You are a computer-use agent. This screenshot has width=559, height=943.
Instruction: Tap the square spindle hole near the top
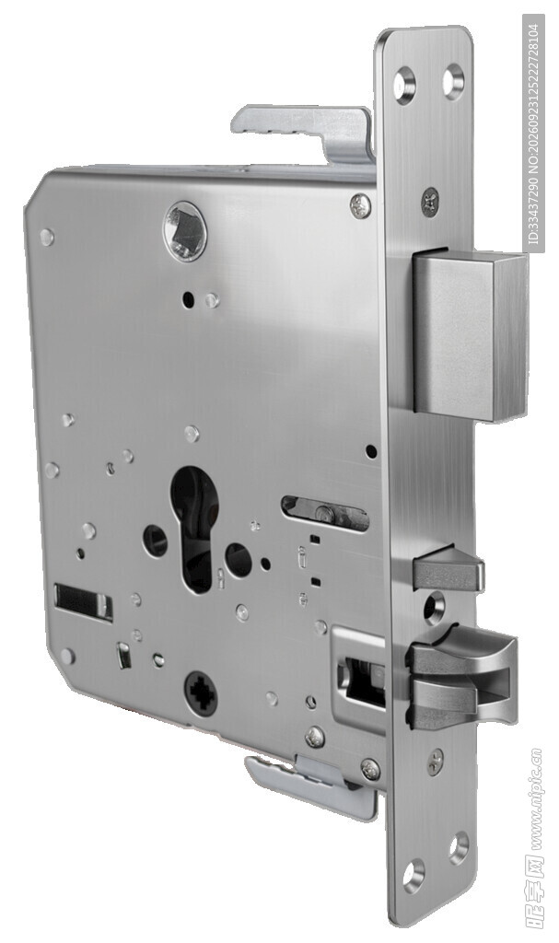186,231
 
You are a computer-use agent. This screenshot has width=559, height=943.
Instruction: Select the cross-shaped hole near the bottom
201,693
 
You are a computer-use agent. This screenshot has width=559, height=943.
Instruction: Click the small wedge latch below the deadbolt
448,567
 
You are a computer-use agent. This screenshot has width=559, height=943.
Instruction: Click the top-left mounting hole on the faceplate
405,83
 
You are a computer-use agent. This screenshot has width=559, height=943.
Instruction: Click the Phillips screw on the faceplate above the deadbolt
430,200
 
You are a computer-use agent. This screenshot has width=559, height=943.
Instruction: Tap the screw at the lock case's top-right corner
360,205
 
